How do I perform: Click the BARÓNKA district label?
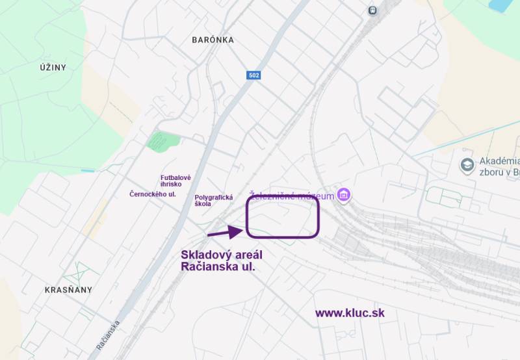pos(213,40)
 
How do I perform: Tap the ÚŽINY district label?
pos(53,67)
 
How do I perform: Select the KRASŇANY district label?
pos(68,290)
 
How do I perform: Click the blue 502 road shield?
pos(254,75)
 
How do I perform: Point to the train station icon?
pos(372,10)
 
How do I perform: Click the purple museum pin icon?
pos(344,195)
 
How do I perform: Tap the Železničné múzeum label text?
pos(292,196)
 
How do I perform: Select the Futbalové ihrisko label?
pos(175,181)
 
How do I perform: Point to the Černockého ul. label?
pos(153,194)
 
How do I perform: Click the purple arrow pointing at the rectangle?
pos(225,231)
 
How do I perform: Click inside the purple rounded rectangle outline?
pos(283,218)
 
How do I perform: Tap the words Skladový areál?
pos(222,254)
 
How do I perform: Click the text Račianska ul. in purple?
pos(218,266)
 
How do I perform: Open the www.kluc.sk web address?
pos(350,313)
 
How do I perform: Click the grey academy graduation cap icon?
pos(467,165)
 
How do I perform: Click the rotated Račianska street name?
pos(108,335)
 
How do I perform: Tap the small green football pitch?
pos(161,141)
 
